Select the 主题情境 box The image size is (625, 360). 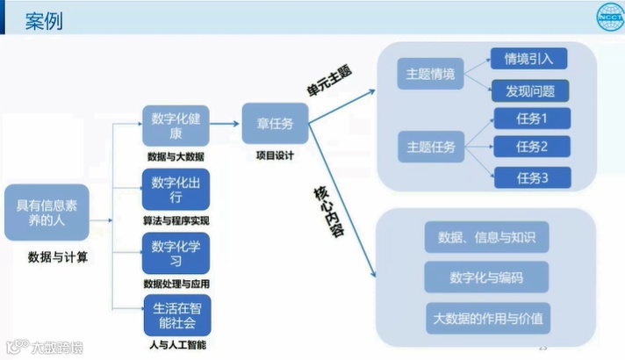[x=430, y=75]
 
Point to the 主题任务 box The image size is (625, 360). [x=430, y=146]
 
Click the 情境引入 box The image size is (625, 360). [x=529, y=59]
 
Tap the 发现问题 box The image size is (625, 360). [x=529, y=90]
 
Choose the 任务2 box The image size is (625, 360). [x=532, y=146]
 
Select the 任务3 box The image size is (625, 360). [x=532, y=177]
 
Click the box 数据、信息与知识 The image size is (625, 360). [x=485, y=236]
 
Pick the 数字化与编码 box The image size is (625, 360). [x=485, y=277]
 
